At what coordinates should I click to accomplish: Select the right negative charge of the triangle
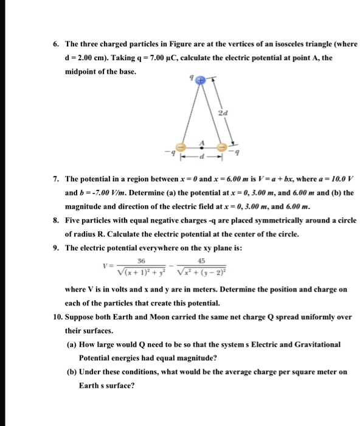click(224, 147)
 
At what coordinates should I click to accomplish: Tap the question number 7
click(55, 180)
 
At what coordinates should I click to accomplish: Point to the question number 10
click(57, 317)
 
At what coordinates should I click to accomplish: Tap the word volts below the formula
click(112, 290)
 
